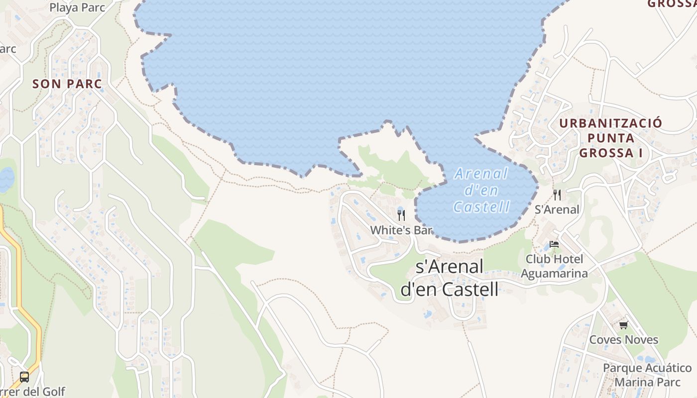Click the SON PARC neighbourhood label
click(x=67, y=84)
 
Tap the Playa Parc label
click(x=77, y=7)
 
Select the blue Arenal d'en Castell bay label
click(x=481, y=190)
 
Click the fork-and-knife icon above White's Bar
click(x=401, y=215)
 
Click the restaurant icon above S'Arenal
click(x=557, y=195)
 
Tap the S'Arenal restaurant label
click(x=557, y=209)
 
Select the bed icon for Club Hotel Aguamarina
click(x=554, y=244)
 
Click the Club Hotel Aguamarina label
click(x=554, y=266)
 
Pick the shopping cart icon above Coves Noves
click(x=623, y=325)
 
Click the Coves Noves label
click(x=623, y=340)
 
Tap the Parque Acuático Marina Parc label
click(x=647, y=375)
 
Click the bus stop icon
click(x=24, y=377)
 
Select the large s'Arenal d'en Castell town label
click(x=449, y=278)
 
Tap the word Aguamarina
click(x=554, y=273)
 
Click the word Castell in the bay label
click(x=481, y=206)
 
